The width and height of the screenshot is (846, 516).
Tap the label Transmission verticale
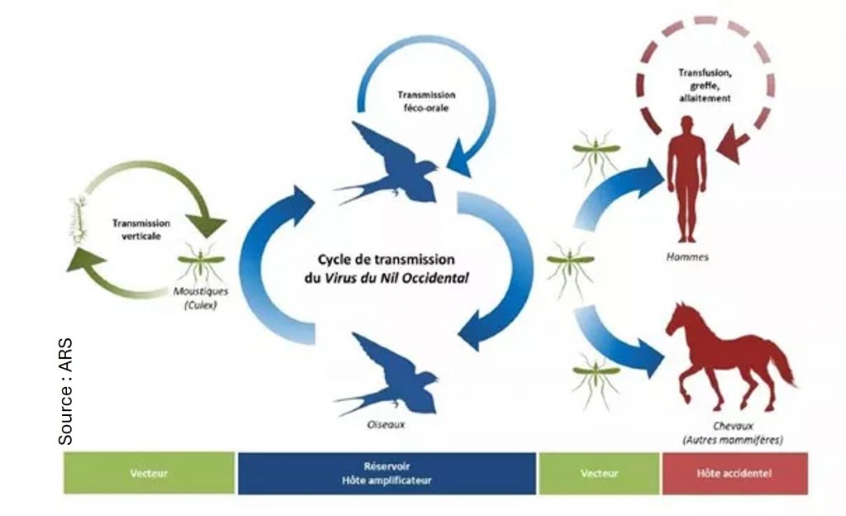pyautogui.click(x=142, y=229)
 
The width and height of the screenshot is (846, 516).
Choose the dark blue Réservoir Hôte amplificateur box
pyautogui.click(x=386, y=474)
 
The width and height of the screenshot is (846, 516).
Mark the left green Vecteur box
pyautogui.click(x=150, y=474)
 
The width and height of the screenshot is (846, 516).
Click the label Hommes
pyautogui.click(x=687, y=257)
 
